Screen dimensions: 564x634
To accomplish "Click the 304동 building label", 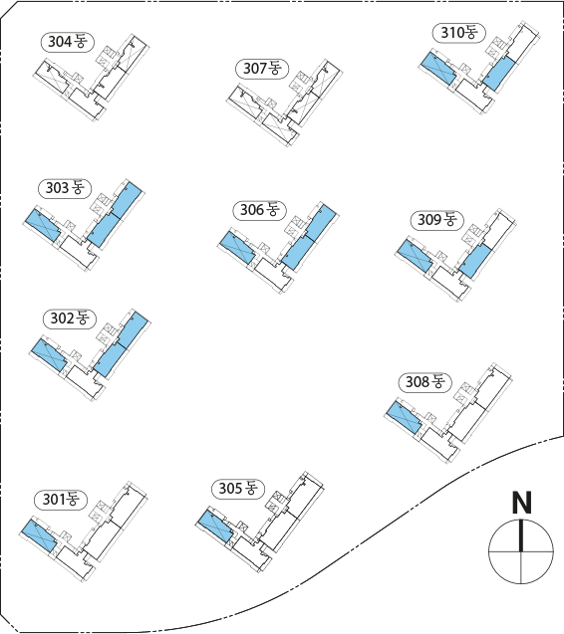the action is click(x=67, y=41).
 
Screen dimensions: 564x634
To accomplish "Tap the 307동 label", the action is click(x=262, y=69).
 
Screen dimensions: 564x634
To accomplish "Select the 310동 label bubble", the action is click(x=459, y=32).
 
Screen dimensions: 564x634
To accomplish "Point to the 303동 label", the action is click(x=65, y=188).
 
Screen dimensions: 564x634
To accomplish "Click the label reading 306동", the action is click(x=260, y=210).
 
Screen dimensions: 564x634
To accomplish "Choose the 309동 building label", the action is click(x=437, y=220).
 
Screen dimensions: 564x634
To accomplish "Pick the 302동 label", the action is click(x=70, y=318).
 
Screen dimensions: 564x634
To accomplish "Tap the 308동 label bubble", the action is click(x=425, y=382).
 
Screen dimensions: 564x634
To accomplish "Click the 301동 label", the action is click(x=61, y=500).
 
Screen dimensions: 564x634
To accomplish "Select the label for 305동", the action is click(x=238, y=489).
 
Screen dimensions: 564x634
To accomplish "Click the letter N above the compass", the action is click(x=521, y=503).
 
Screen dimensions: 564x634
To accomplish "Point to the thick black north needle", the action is click(x=521, y=535).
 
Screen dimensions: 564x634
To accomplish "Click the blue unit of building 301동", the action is click(x=39, y=536).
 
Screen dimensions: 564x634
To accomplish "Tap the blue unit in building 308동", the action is click(x=404, y=417).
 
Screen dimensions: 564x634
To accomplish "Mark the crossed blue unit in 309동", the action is click(x=415, y=257).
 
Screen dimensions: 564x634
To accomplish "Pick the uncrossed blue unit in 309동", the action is click(x=476, y=261).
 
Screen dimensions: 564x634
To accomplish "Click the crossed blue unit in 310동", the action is click(x=438, y=69).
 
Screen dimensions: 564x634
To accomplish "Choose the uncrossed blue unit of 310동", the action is click(x=500, y=74).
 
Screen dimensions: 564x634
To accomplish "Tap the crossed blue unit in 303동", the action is click(x=43, y=226).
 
